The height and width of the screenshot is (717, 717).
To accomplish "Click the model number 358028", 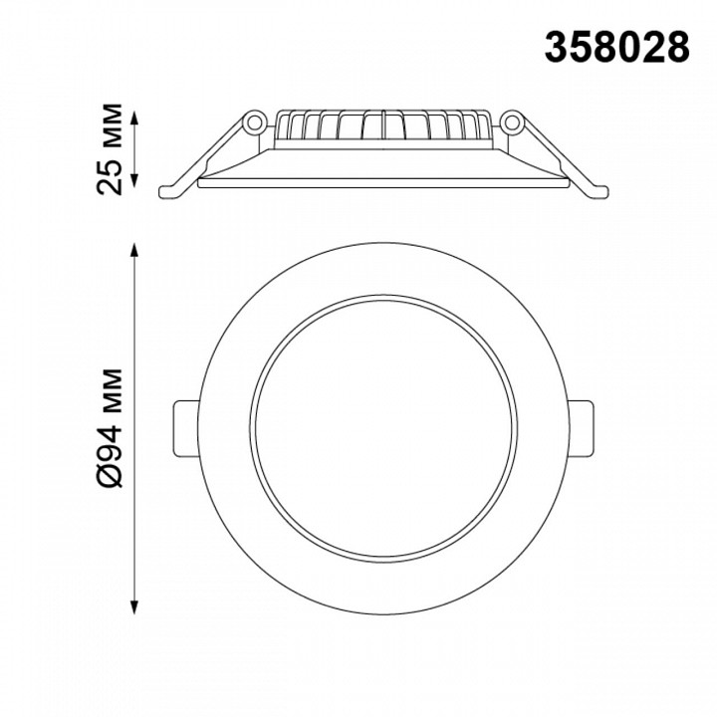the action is tap(616, 48).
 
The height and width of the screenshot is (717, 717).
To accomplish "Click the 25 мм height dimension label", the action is tap(110, 149).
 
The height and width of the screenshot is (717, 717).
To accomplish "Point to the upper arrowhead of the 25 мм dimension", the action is tap(134, 118).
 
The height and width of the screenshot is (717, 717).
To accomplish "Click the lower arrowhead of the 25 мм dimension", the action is tap(134, 180).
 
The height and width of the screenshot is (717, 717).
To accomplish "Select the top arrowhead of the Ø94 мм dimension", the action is tap(134, 251).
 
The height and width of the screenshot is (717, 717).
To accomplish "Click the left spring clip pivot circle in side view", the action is tap(254, 122).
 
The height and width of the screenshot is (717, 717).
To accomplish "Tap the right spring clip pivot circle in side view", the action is tap(512, 122).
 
